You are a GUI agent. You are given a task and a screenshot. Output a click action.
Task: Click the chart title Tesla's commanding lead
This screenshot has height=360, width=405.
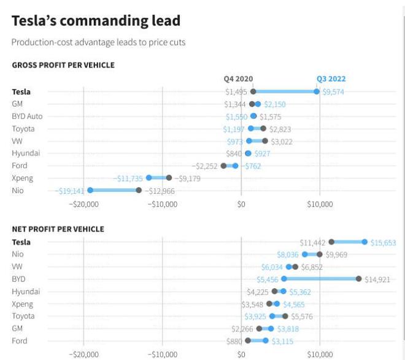(x=96, y=21)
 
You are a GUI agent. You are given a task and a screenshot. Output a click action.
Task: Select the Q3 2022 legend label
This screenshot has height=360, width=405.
(x=331, y=79)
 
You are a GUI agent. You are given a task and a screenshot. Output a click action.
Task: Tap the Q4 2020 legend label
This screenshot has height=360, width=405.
(x=238, y=79)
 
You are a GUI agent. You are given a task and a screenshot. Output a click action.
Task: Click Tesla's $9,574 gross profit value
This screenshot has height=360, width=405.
(x=333, y=92)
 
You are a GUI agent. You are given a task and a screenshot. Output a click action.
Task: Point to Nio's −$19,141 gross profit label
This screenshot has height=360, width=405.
(x=69, y=191)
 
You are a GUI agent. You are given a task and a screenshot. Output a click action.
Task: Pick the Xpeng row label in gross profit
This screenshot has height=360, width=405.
(x=22, y=178)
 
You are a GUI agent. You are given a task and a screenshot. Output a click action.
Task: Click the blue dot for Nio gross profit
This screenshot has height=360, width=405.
(x=90, y=190)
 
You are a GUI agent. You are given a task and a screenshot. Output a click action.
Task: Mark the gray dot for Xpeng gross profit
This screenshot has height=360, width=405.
(x=169, y=178)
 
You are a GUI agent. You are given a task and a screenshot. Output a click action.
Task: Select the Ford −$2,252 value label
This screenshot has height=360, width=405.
(x=204, y=166)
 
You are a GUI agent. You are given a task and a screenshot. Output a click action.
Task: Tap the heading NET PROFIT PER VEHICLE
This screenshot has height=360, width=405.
(x=58, y=229)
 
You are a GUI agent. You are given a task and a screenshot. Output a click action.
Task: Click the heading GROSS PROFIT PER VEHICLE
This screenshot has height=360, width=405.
(x=63, y=65)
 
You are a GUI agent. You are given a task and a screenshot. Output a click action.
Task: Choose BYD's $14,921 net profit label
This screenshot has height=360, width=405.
(x=377, y=280)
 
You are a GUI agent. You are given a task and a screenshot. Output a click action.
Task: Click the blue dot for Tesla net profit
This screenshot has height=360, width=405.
(x=364, y=242)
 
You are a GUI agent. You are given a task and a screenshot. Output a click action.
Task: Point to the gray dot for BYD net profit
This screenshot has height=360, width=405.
(x=359, y=279)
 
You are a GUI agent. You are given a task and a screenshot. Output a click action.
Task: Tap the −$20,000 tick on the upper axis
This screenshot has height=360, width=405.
(x=84, y=204)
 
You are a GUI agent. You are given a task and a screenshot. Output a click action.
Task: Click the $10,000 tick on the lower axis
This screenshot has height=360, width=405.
(x=320, y=354)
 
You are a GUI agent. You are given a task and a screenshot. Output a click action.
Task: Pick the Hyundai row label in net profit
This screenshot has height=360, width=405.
(x=26, y=292)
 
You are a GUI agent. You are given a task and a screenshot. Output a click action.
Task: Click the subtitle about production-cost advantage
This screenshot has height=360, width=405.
(x=98, y=42)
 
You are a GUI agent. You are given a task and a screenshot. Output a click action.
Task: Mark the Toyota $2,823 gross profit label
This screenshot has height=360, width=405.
(x=280, y=129)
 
